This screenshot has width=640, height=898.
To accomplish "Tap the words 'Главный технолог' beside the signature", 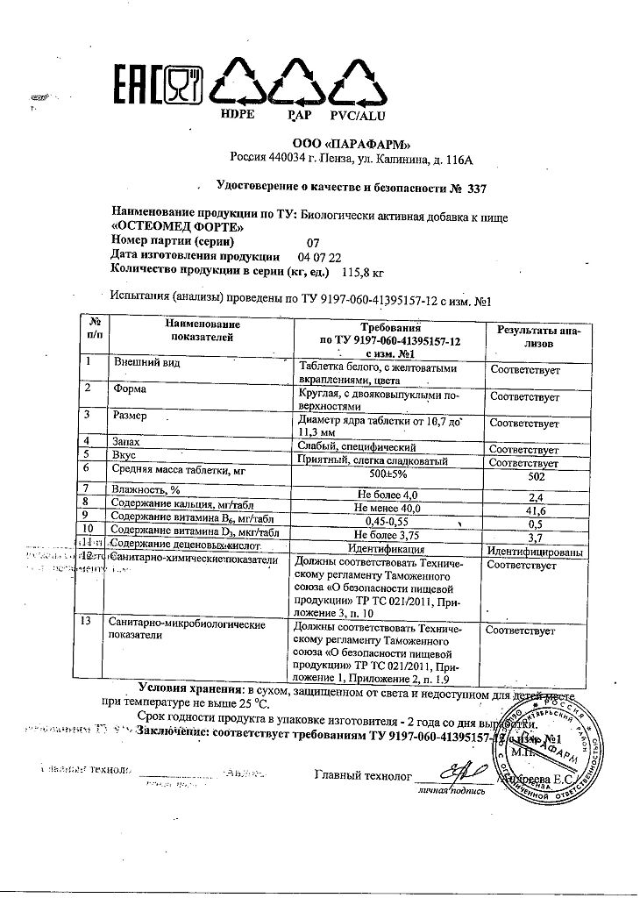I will [362, 775].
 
